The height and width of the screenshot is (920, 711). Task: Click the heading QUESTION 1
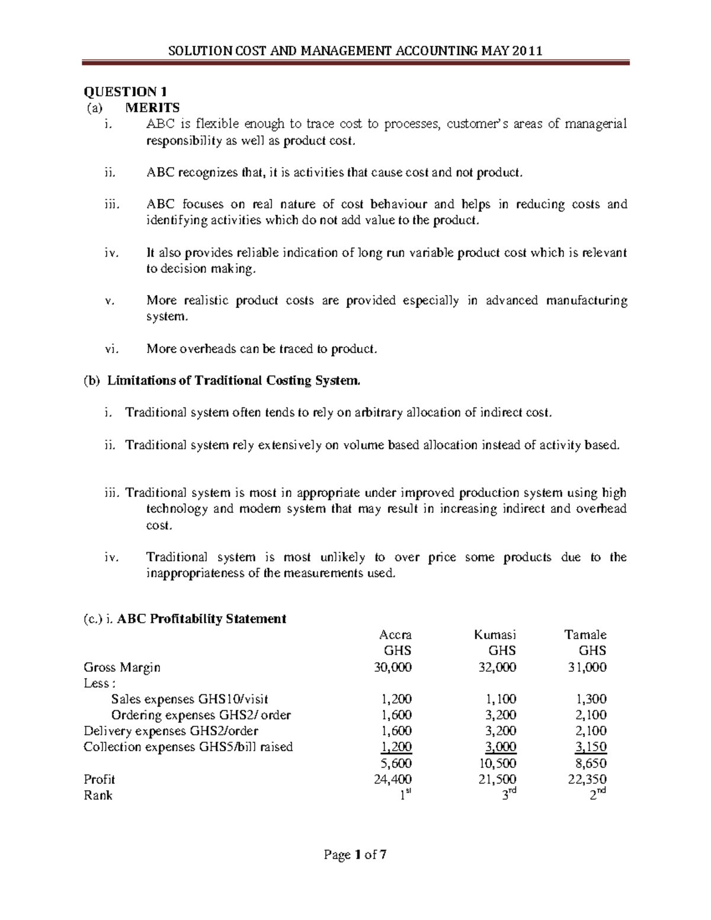pos(125,91)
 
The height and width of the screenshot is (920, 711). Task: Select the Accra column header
pos(395,634)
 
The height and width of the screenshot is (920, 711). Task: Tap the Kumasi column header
pos(495,634)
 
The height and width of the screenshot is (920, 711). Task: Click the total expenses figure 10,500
pos(497,763)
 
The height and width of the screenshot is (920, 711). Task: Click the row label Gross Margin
pos(122,667)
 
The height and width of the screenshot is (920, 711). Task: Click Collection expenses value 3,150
pos(591,747)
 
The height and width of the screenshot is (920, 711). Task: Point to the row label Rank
pos(98,795)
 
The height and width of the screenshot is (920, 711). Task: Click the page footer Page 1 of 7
pos(355,855)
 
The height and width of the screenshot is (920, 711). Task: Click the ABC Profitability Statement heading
pos(201,619)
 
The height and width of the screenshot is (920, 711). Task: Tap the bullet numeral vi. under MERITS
pos(111,349)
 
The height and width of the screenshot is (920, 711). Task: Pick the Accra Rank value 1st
pos(404,795)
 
